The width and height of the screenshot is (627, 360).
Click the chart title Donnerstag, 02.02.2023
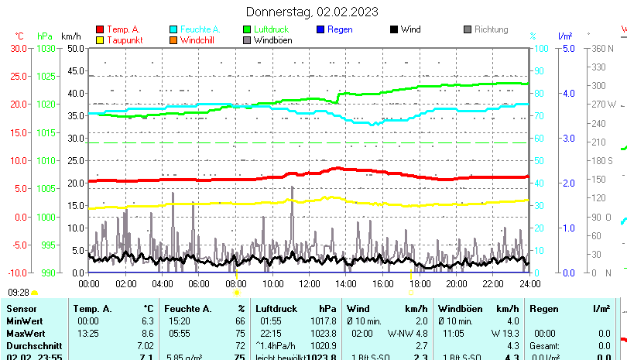(312, 11)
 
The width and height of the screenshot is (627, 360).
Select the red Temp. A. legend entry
(123, 29)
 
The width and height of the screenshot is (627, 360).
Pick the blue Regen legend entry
(340, 29)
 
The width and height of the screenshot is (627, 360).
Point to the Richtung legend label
(491, 29)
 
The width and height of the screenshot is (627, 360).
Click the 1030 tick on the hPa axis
(46, 48)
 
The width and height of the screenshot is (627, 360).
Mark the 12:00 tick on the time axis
(309, 284)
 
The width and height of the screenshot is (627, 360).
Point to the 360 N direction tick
(601, 48)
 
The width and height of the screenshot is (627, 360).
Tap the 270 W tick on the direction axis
(603, 105)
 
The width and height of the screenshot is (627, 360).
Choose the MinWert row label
(25, 321)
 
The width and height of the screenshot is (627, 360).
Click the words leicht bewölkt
(281, 357)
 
